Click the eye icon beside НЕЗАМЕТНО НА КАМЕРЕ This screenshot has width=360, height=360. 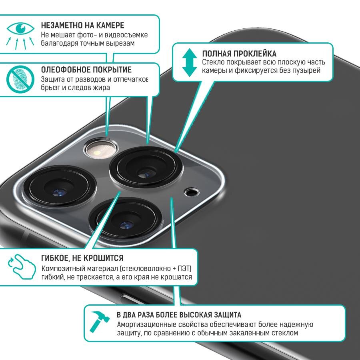[20, 28]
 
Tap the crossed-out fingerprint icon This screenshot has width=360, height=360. [20, 79]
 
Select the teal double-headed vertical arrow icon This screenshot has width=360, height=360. [190, 62]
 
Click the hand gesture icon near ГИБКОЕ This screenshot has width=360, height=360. [22, 266]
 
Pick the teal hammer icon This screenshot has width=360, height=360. [100, 322]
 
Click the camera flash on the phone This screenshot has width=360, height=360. [100, 149]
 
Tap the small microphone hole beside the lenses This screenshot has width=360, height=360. [192, 192]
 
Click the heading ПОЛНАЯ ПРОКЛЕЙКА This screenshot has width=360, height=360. [239, 54]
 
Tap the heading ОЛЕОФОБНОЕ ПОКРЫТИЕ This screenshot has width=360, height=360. [86, 70]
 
